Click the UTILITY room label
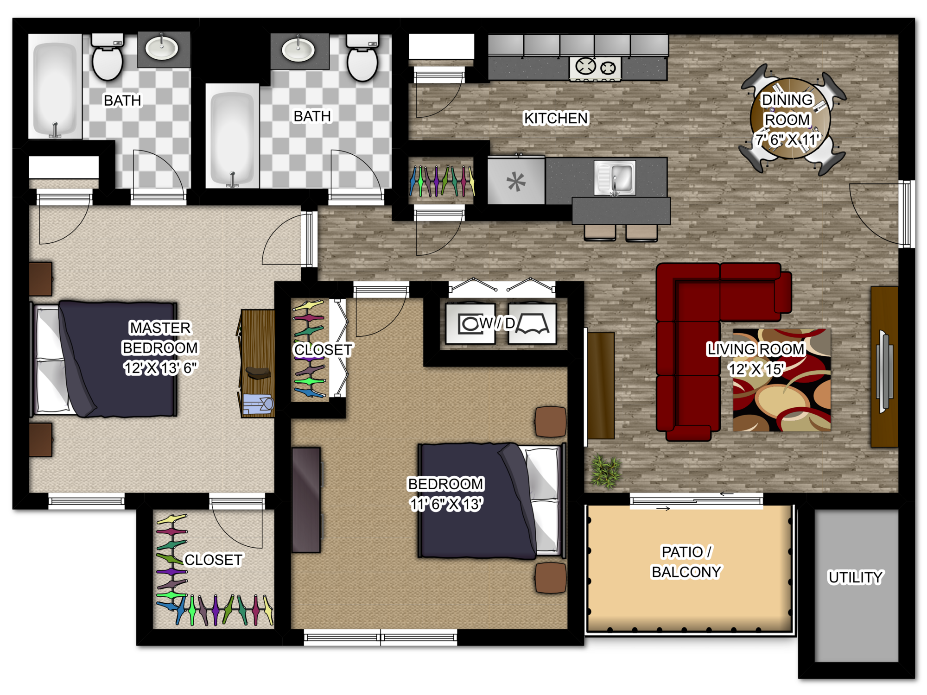coord(855,577)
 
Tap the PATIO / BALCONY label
coord(686,562)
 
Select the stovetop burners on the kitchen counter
coord(596,68)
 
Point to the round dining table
coord(790,119)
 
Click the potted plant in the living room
coord(605,471)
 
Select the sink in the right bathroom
coord(298,49)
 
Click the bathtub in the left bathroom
coord(55,87)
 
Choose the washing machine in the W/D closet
coord(470,323)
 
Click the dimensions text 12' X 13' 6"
coord(160,368)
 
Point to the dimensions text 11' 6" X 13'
coord(446,504)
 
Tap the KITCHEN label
coord(556,118)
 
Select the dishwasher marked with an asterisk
coord(516,181)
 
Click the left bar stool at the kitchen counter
coord(600,232)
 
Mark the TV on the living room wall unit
coord(884,371)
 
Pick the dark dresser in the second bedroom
coord(306,500)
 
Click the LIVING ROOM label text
coord(755,349)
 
